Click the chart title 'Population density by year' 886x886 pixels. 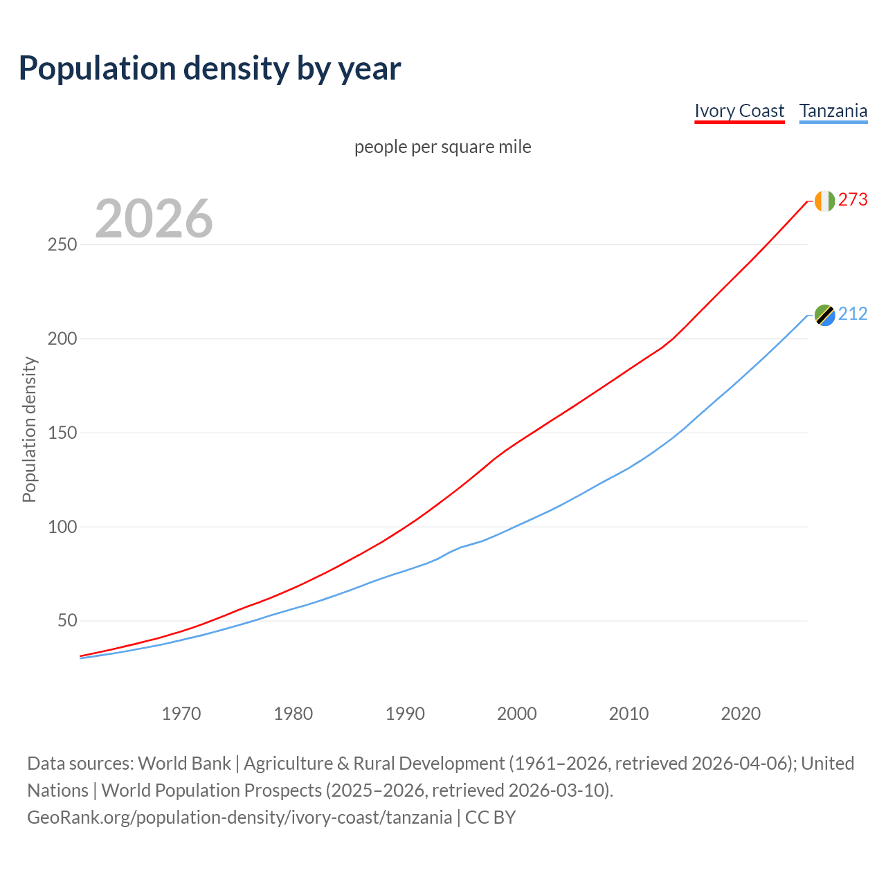tap(210, 69)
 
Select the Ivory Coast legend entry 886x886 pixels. tap(739, 111)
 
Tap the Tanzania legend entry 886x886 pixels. tap(833, 111)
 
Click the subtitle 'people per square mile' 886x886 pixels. tap(442, 147)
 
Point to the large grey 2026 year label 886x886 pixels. tap(154, 219)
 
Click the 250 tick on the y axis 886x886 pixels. tap(62, 245)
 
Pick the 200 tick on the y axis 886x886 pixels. tap(62, 339)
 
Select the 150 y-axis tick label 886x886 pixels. tap(62, 433)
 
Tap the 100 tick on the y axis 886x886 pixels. tap(62, 527)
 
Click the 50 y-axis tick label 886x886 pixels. tap(67, 621)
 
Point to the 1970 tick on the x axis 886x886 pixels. tap(181, 714)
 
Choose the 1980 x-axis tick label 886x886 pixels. tap(293, 714)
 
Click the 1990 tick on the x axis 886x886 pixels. tap(405, 714)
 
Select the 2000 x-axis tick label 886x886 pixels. tap(517, 714)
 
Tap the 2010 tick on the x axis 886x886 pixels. tap(629, 714)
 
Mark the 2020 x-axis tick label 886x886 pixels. tap(741, 714)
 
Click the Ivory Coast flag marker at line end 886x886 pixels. tap(824, 201)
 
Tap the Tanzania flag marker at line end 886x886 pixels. tap(824, 315)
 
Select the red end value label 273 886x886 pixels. tap(853, 200)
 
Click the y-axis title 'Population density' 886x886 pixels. tap(29, 429)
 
